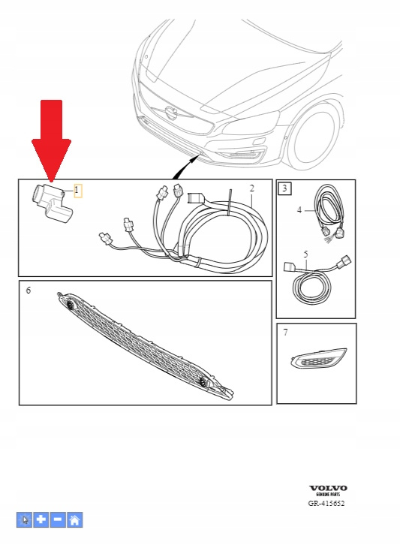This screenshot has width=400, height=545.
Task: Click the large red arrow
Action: tap(52, 139)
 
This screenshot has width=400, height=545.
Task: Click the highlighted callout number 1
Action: tap(77, 191)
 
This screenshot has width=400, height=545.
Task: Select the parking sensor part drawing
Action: tap(52, 202)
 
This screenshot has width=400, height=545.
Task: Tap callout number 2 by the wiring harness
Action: tap(252, 188)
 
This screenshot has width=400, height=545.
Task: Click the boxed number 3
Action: tap(285, 188)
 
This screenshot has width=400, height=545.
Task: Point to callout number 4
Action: tap(299, 210)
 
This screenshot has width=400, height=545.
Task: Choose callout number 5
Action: tap(305, 254)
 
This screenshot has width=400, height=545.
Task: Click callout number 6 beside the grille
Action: tap(29, 290)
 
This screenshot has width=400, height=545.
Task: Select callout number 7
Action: tap(286, 333)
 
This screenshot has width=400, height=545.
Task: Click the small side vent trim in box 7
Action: tap(317, 358)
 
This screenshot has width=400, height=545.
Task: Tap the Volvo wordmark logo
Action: tap(328, 489)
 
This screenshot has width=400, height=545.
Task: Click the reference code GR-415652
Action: tap(326, 503)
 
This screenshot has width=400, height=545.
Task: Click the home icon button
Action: tap(75, 519)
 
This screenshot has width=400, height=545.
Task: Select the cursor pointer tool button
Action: tap(24, 519)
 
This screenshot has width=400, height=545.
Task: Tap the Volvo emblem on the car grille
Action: tap(171, 113)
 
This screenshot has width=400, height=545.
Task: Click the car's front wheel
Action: tap(313, 137)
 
